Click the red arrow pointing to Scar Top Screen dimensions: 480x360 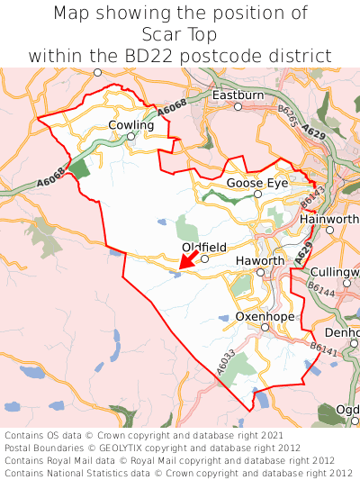tap(187, 258)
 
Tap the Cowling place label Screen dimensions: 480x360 tap(131, 125)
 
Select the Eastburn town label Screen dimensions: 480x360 tap(238, 95)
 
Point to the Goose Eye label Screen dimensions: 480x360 tap(256, 182)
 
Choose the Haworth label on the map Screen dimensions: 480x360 tap(259, 260)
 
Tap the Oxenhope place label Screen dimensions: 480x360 tap(265, 316)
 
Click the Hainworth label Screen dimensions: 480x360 tap(329, 218)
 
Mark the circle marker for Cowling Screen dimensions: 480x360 tap(131, 137)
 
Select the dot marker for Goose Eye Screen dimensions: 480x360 tap(257, 194)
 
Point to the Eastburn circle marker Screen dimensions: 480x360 tap(238, 106)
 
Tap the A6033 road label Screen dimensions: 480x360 tap(226, 362)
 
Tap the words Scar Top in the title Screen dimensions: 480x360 tap(180, 34)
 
